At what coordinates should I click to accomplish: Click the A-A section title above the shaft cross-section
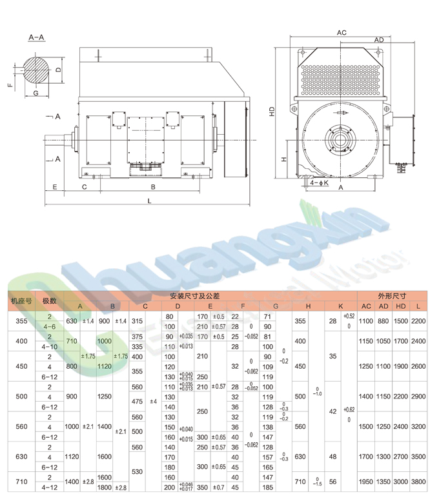click(x=37, y=38)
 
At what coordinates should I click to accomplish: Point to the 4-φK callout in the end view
click(x=319, y=183)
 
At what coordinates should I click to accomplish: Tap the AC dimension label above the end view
click(x=342, y=32)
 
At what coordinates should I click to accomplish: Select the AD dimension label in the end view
click(x=379, y=40)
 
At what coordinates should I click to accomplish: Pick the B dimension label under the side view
click(x=153, y=187)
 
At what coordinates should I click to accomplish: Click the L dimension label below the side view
click(x=149, y=202)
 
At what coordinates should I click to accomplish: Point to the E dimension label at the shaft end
click(x=55, y=187)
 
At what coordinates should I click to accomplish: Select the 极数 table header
click(x=50, y=301)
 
